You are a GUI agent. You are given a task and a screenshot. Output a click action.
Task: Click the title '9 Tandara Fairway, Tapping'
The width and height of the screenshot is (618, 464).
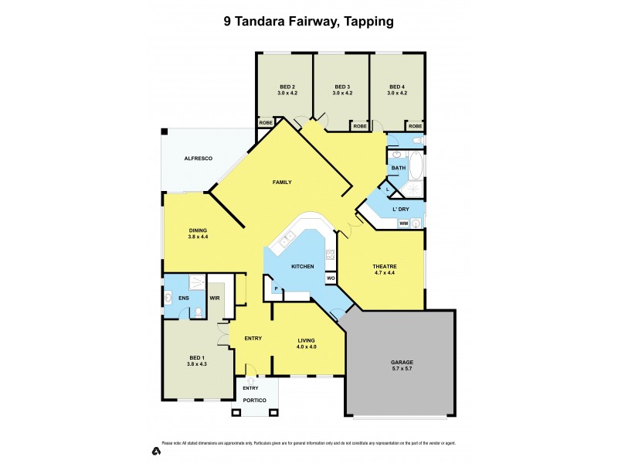309,22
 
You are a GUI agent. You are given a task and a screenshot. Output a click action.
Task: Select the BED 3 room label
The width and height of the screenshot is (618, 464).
342,86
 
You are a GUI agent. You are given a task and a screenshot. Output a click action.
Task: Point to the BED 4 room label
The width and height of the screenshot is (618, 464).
397,86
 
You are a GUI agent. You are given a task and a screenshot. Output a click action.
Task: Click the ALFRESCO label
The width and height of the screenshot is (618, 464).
198,159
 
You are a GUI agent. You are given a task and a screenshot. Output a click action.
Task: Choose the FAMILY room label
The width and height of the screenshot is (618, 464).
281,182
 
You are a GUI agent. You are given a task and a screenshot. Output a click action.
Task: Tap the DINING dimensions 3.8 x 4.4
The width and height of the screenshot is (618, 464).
198,237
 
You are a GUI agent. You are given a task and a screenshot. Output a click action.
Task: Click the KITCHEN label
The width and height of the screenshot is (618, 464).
302,266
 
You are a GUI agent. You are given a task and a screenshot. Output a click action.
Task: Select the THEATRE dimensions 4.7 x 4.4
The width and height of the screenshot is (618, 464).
379,272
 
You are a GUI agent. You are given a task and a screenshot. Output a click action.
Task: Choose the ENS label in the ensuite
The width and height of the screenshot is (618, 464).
184,298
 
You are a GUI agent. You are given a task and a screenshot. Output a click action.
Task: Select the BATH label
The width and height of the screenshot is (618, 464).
398,167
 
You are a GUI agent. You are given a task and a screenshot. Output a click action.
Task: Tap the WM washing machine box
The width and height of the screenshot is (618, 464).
403,223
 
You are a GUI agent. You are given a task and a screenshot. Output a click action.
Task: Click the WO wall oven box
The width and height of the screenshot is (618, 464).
330,278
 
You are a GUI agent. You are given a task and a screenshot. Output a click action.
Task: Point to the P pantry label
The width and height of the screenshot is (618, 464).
275,288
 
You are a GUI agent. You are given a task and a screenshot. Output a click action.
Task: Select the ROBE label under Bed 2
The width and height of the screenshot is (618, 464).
266,123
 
